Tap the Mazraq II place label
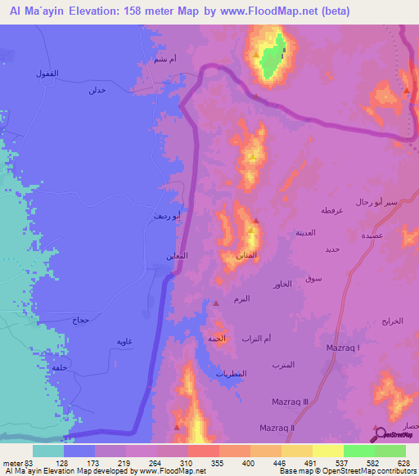[x=277, y=428]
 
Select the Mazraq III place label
[x=290, y=402]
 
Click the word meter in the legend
[x=12, y=464]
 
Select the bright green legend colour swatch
[x=359, y=451]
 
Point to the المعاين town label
[x=178, y=256]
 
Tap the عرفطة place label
[x=331, y=211]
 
